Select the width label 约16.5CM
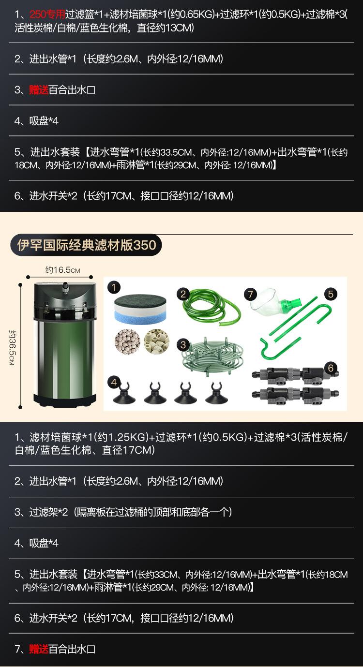tap(62, 270)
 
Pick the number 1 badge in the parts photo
tap(114, 288)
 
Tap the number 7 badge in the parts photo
tap(250, 294)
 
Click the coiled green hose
tap(209, 307)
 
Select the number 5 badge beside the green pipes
tap(331, 294)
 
